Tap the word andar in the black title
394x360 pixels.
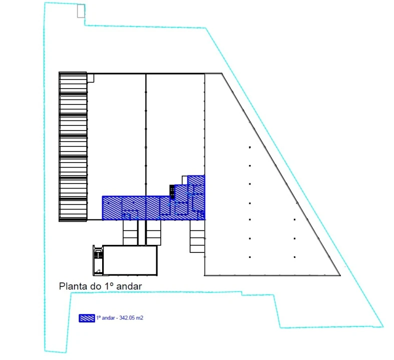pos(129,286)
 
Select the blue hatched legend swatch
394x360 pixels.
pos(87,318)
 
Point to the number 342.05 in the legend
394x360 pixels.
pos(127,318)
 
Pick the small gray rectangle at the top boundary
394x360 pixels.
pos(81,11)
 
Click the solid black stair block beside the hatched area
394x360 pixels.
pos(172,191)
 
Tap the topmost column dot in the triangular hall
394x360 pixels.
pos(250,147)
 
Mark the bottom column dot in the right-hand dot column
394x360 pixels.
pos(294,257)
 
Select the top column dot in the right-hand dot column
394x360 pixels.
pos(294,219)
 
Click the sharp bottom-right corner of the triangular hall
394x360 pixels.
pos(340,275)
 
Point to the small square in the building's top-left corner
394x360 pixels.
pos(91,78)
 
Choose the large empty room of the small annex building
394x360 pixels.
pos(130,260)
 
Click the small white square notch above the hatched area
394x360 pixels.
pos(185,180)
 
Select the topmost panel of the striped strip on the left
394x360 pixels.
pos(73,82)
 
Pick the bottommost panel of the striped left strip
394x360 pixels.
pos(73,209)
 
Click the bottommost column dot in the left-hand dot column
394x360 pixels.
pos(250,257)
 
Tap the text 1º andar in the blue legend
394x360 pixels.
pos(106,318)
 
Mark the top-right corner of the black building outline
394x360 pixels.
pos(222,73)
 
